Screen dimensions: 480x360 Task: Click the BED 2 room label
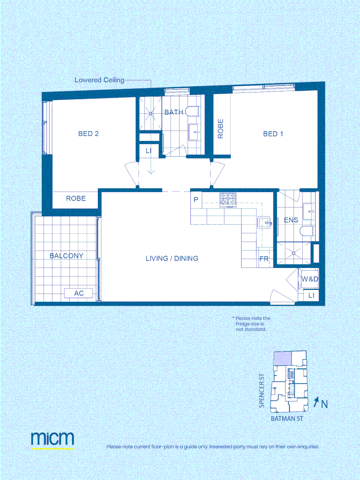(88, 134)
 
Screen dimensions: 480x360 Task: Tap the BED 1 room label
(273, 134)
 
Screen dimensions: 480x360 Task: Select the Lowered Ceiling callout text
(99, 80)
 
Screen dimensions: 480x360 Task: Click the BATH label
(173, 112)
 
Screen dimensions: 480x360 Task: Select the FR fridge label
(264, 259)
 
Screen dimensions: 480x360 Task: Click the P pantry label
(196, 200)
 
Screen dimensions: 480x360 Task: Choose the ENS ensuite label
(291, 220)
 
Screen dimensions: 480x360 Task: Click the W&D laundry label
(310, 279)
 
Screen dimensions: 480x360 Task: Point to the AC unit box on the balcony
(79, 293)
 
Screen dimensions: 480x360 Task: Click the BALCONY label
(66, 256)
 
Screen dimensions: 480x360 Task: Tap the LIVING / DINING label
(172, 258)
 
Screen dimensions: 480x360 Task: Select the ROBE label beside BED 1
(220, 129)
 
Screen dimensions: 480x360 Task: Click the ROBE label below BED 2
(76, 198)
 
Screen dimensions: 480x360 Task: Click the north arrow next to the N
(316, 403)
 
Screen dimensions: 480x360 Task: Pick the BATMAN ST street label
(287, 419)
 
